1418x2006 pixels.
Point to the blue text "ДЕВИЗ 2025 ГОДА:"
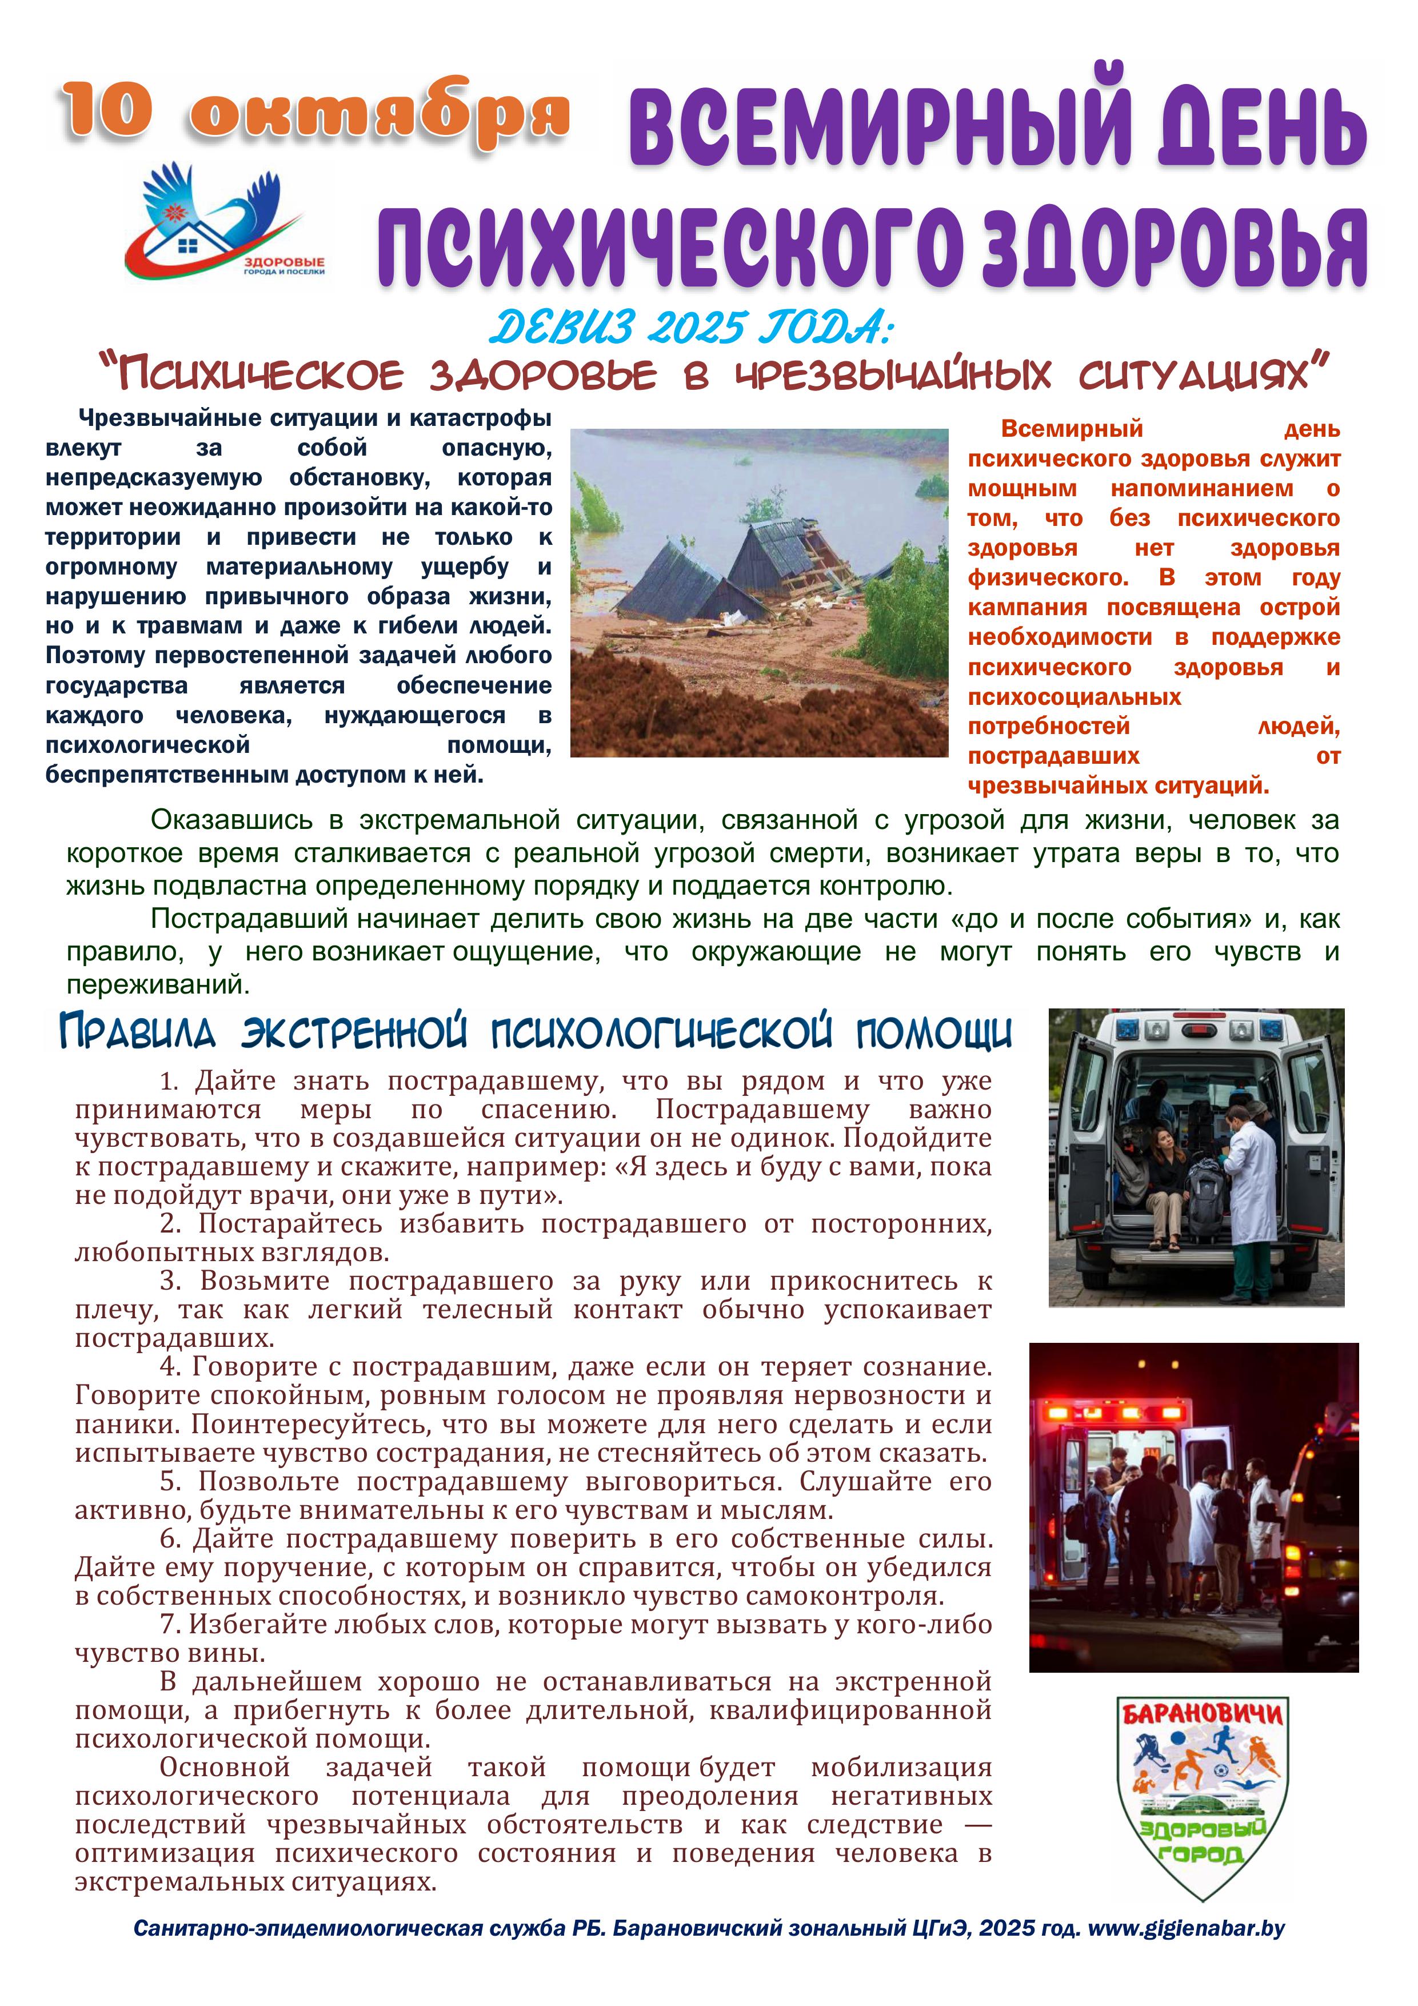690,329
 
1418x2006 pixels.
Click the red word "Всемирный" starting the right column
1071,429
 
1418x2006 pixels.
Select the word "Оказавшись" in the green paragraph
231,820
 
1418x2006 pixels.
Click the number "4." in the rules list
170,1367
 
